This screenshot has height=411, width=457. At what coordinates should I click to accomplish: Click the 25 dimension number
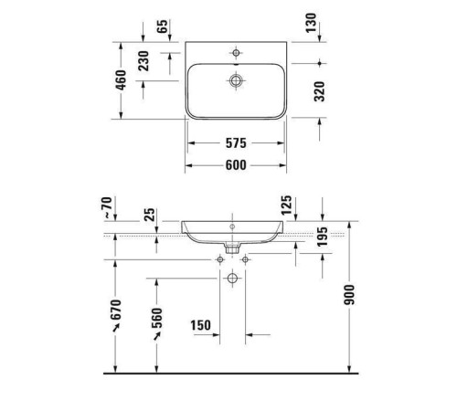pyautogui.click(x=150, y=216)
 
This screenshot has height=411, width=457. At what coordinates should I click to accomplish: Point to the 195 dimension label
pyautogui.click(x=323, y=238)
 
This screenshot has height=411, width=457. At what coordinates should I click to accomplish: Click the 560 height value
pyautogui.click(x=157, y=319)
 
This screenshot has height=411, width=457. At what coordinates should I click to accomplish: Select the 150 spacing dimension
pyautogui.click(x=203, y=325)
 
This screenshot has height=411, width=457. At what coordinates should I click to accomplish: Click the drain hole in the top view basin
pyautogui.click(x=237, y=81)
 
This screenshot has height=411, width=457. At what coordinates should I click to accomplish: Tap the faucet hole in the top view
pyautogui.click(x=237, y=52)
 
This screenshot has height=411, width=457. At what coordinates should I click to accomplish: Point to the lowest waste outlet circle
pyautogui.click(x=232, y=277)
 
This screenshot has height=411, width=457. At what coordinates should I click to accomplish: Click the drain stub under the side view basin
pyautogui.click(x=232, y=247)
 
